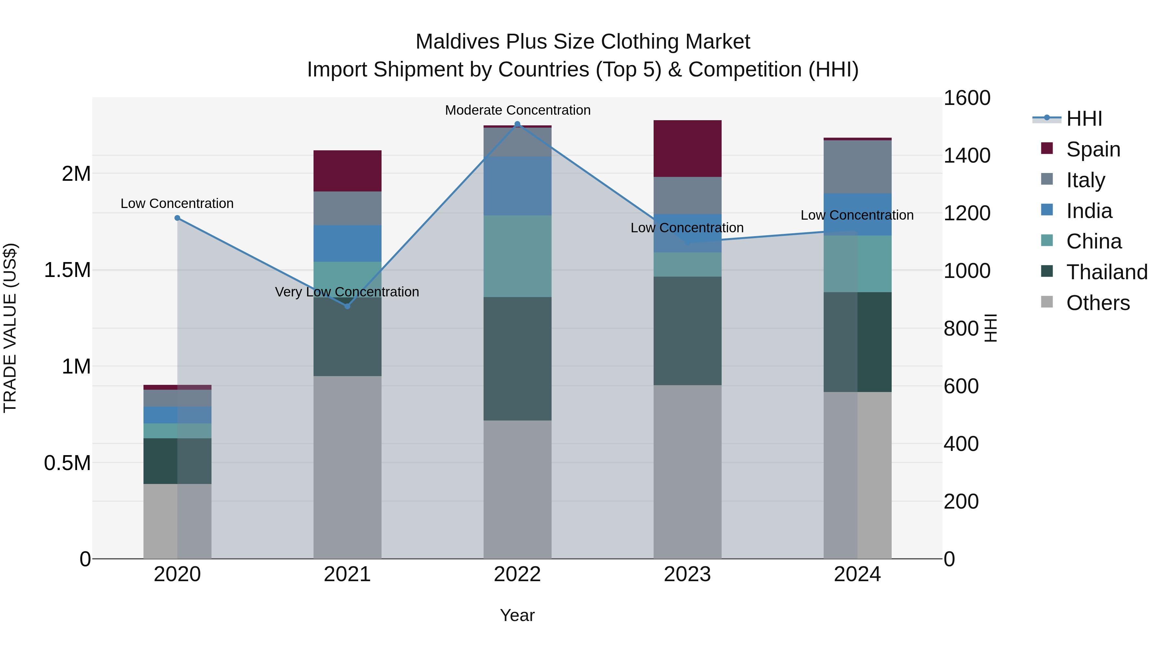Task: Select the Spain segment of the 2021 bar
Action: click(x=347, y=171)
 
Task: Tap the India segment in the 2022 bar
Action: click(x=517, y=186)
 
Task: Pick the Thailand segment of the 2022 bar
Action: click(x=517, y=359)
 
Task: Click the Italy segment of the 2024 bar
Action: click(x=857, y=167)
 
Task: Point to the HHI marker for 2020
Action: click(x=177, y=218)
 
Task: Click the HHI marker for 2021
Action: click(x=347, y=306)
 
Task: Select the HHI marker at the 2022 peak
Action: click(x=517, y=124)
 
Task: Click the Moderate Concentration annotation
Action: click(x=517, y=110)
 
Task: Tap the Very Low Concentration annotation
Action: click(x=347, y=292)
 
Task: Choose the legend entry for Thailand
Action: click(x=1107, y=272)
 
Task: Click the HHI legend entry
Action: click(x=1084, y=119)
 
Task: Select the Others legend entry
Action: click(x=1098, y=303)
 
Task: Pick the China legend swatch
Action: click(x=1047, y=240)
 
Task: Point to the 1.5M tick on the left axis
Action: click(x=67, y=270)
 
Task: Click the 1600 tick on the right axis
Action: click(x=967, y=98)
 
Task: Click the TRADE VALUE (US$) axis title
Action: click(x=10, y=328)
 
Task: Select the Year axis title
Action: click(x=517, y=615)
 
